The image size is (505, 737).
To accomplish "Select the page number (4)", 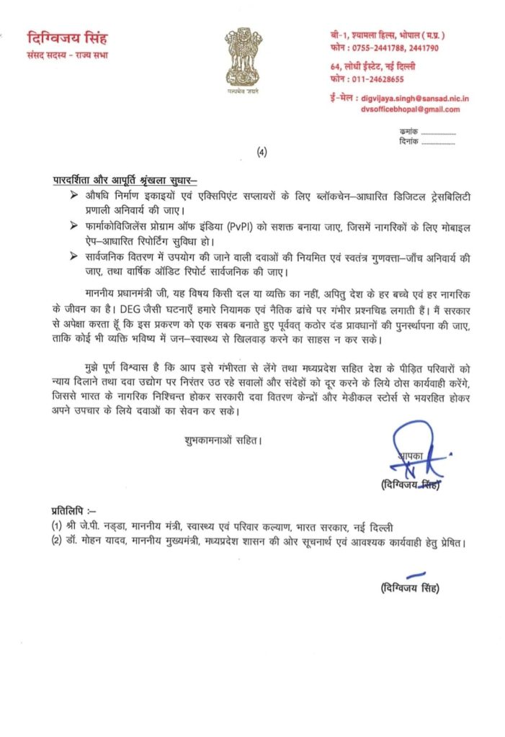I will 261,152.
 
